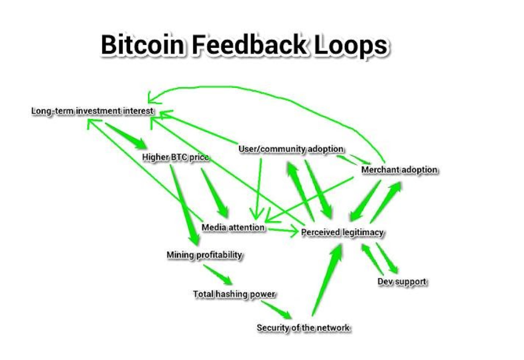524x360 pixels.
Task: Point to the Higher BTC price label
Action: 176,158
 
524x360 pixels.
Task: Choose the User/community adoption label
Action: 291,149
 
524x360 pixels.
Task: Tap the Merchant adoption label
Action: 399,170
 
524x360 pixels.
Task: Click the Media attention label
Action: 233,227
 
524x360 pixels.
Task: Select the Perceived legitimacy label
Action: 342,232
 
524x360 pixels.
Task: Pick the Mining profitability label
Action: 205,254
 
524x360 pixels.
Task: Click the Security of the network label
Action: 303,327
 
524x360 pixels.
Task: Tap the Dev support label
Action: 402,282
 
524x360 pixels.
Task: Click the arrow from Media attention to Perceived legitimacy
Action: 283,230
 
